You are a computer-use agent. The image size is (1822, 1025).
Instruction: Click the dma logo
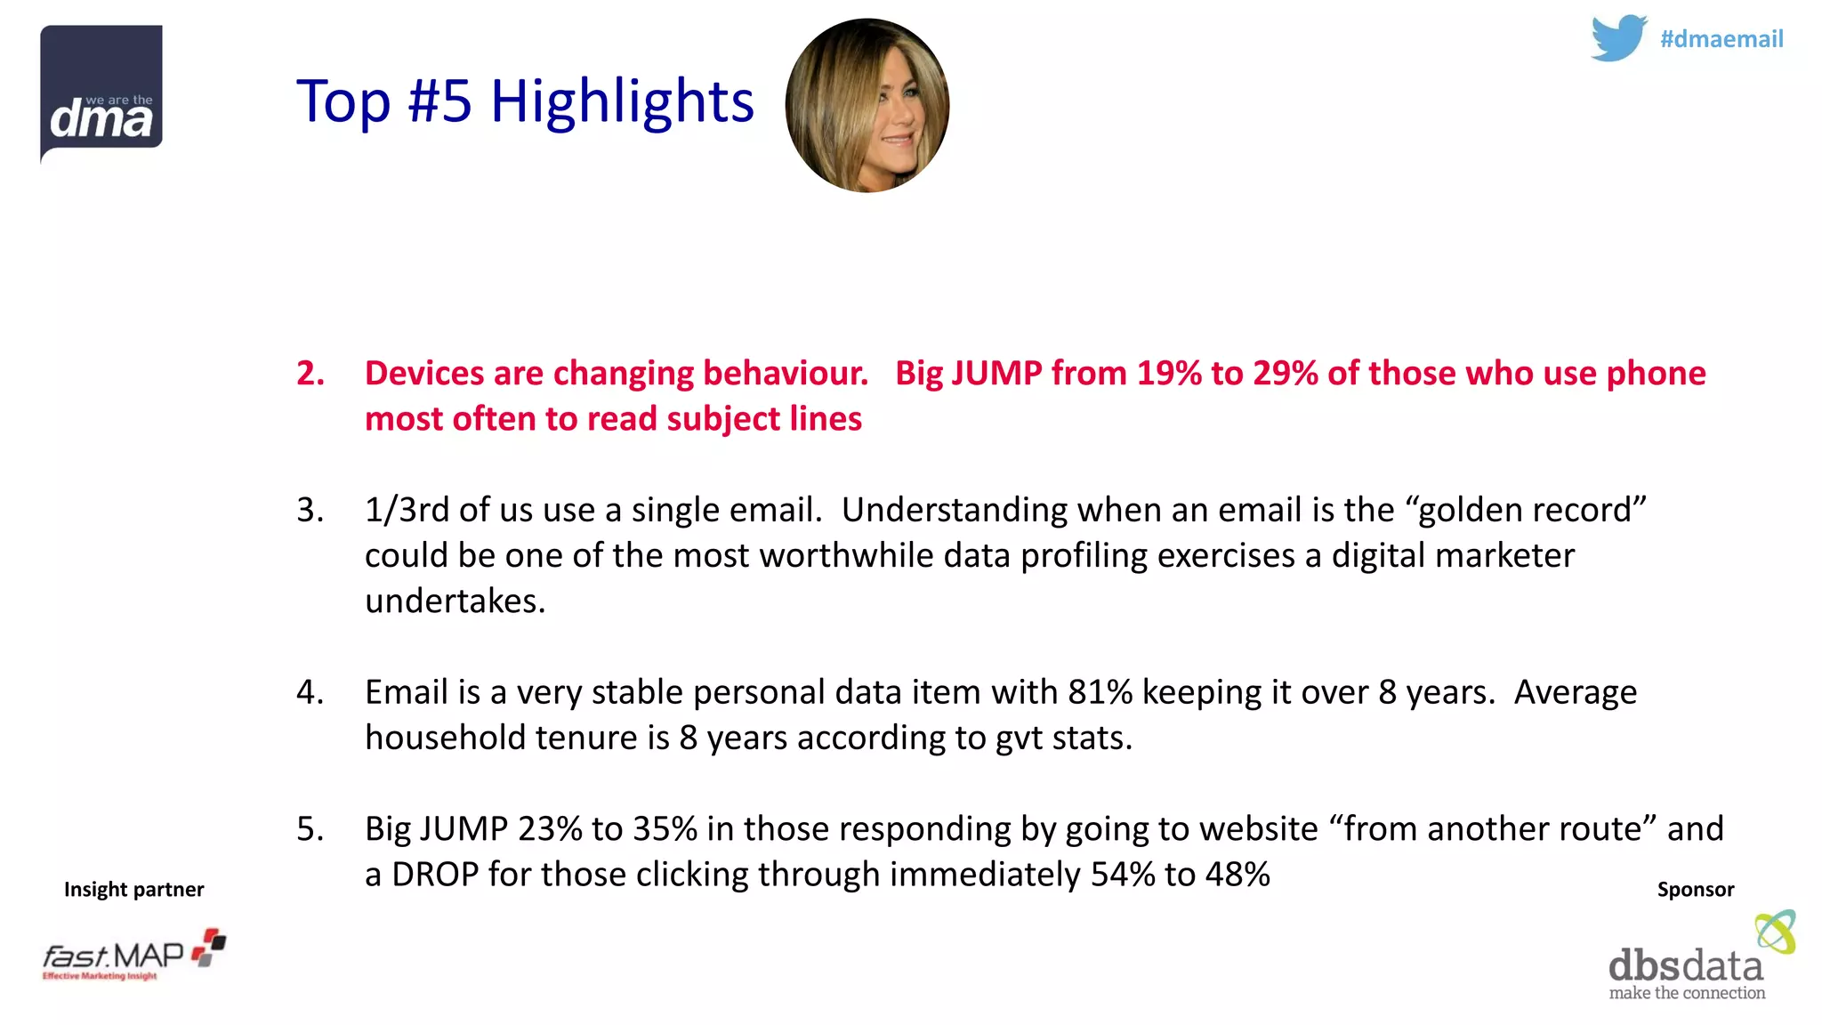pyautogui.click(x=101, y=93)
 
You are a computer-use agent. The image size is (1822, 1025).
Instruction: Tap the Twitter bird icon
pyautogui.click(x=1618, y=38)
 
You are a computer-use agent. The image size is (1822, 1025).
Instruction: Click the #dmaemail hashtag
pyautogui.click(x=1721, y=39)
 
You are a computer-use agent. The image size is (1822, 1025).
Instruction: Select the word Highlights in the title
pyautogui.click(x=622, y=101)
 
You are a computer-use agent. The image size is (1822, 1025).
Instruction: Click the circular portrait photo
pyautogui.click(x=867, y=106)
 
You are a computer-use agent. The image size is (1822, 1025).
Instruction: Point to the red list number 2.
pyautogui.click(x=310, y=374)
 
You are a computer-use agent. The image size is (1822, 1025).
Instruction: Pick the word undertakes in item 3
pyautogui.click(x=455, y=601)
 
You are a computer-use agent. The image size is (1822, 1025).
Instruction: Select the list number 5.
pyautogui.click(x=310, y=829)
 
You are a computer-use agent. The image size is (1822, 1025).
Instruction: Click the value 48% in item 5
pyautogui.click(x=1238, y=875)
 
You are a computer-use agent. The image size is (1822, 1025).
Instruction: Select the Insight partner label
pyautogui.click(x=134, y=890)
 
